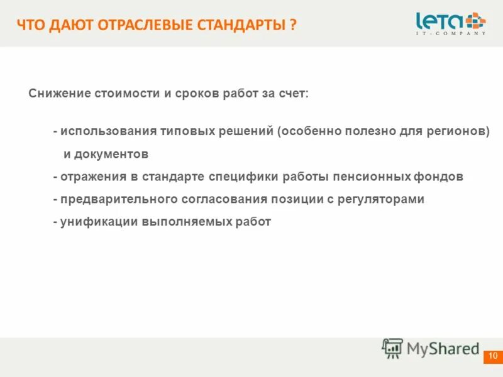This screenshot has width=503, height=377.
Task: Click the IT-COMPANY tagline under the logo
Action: pos(451,33)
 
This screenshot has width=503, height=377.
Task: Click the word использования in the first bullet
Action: pos(102,132)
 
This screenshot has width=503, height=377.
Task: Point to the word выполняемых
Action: pos(182,222)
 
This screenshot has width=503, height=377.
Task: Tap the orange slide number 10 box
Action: pos(492,356)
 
